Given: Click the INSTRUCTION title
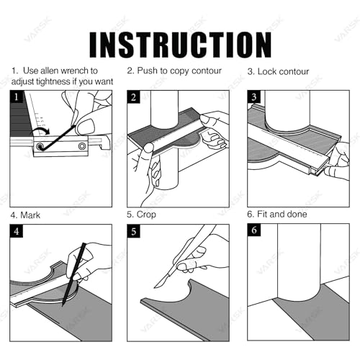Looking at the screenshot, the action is (x=181, y=45).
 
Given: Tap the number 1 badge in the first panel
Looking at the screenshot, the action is (x=17, y=97).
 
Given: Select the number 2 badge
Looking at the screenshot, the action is (x=133, y=97).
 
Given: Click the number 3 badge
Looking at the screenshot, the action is (x=254, y=97).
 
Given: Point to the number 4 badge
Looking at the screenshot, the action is (x=17, y=231).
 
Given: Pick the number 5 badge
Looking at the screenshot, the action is (x=133, y=231).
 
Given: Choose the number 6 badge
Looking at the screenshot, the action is (x=254, y=230).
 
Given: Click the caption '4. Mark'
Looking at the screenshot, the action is (x=25, y=215).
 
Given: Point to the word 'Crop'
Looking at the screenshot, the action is (x=146, y=215).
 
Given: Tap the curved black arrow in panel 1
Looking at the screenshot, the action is (x=41, y=130).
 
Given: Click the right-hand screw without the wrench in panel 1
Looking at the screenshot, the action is (x=82, y=145).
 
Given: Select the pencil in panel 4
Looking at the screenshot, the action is (x=74, y=274).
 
